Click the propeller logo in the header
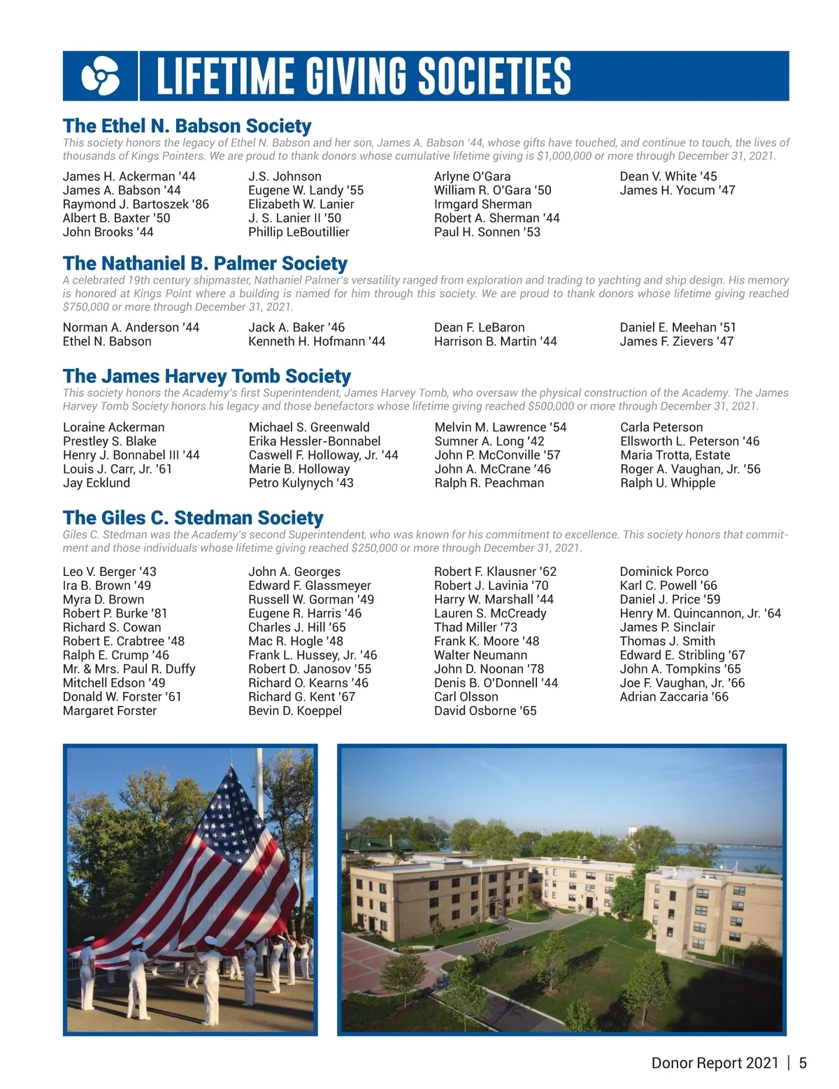pyautogui.click(x=100, y=76)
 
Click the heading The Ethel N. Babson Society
pyautogui.click(x=187, y=126)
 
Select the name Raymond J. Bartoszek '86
pyautogui.click(x=136, y=204)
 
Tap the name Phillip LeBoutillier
pyautogui.click(x=299, y=232)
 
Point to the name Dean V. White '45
pyautogui.click(x=668, y=176)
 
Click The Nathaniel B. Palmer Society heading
pyautogui.click(x=205, y=264)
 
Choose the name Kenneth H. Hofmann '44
pyautogui.click(x=317, y=341)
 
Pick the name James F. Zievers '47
pyautogui.click(x=676, y=341)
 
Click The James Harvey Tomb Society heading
pyautogui.click(x=207, y=376)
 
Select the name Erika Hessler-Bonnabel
pyautogui.click(x=315, y=441)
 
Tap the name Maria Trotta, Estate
pyautogui.click(x=675, y=455)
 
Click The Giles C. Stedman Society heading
pyautogui.click(x=193, y=518)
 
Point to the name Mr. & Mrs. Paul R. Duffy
pyautogui.click(x=129, y=669)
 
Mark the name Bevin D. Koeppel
pyautogui.click(x=295, y=711)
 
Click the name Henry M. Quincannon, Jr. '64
pyautogui.click(x=700, y=613)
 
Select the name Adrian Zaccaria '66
pyautogui.click(x=674, y=697)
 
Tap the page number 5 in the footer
pyautogui.click(x=803, y=1063)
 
